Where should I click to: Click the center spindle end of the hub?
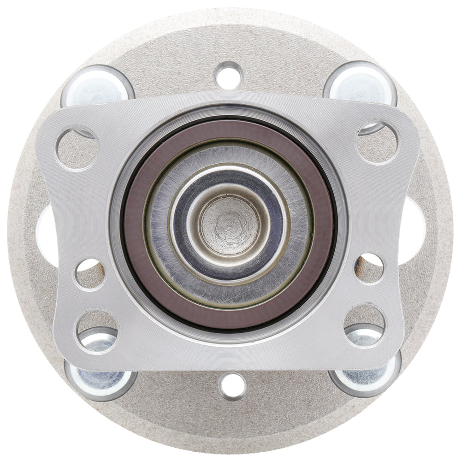[229, 225]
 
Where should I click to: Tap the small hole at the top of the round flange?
[229, 75]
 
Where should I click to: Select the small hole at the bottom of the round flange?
[233, 385]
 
